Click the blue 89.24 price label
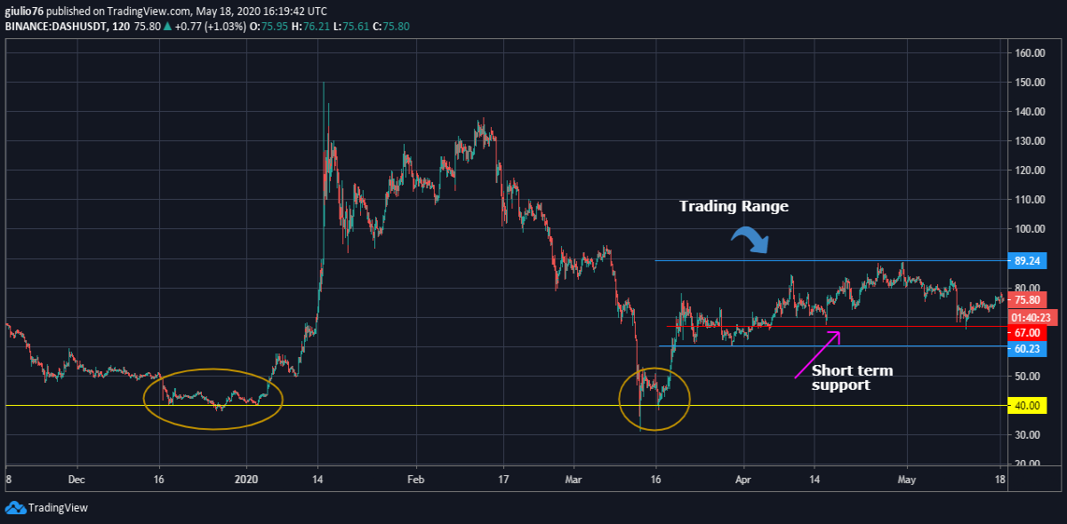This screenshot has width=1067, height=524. point(1028,261)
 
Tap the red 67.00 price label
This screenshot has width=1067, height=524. point(1028,333)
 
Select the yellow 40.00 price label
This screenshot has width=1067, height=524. point(1028,406)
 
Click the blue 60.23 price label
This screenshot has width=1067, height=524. point(1028,349)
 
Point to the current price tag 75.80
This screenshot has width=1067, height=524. point(1028,300)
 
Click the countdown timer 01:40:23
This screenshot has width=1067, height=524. point(1031,317)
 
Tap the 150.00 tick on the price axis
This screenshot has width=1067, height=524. point(1030,83)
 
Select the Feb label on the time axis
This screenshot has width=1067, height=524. point(416,480)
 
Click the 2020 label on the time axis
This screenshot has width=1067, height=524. point(246,480)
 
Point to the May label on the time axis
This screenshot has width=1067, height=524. point(906,480)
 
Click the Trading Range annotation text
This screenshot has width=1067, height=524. point(734,206)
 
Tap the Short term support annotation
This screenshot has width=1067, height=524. point(852,377)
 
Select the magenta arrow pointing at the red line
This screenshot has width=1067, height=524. point(817,354)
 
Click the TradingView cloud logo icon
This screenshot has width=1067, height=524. point(15,508)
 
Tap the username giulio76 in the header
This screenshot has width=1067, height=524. point(24,11)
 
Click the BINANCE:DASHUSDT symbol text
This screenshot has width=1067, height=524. point(56,26)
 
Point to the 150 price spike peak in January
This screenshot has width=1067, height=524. point(324,83)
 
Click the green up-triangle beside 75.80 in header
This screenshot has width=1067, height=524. point(168,26)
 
